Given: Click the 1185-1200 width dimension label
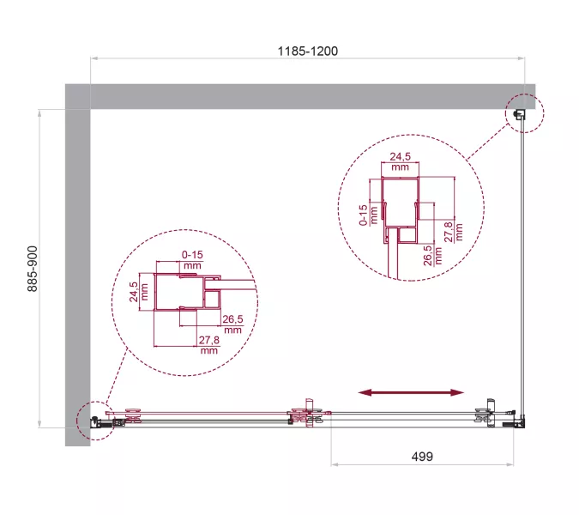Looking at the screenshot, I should pos(307,51).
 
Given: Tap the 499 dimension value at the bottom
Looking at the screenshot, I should pos(420,457).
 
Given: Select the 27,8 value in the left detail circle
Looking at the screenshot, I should pos(208,345).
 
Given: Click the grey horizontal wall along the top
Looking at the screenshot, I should pos(300,96).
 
